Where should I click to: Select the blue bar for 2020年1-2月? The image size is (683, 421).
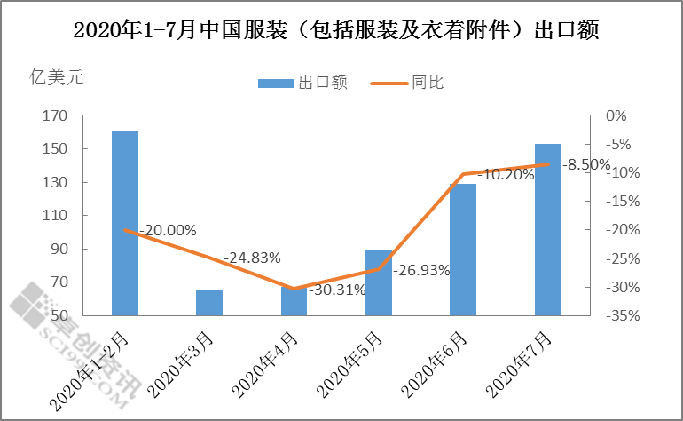(x=125, y=223)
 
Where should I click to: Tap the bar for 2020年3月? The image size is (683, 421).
(x=209, y=303)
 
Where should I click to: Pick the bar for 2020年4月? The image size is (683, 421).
(x=294, y=301)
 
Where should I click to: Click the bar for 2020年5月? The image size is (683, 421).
(x=379, y=282)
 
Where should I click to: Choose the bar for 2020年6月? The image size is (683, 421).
(x=463, y=250)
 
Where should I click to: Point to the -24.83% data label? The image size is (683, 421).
(x=252, y=258)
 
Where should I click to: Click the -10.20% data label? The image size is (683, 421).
(x=506, y=175)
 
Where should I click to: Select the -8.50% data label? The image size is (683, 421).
(x=588, y=164)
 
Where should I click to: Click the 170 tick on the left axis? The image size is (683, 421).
(x=55, y=116)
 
